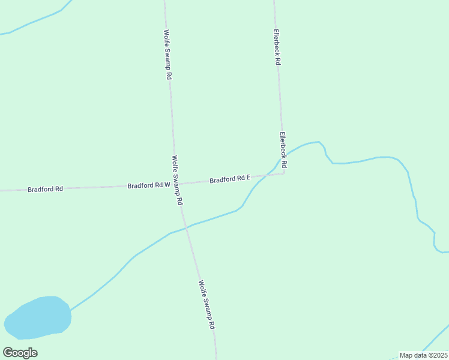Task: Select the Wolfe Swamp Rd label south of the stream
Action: (206, 305)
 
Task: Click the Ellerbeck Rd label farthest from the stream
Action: (277, 47)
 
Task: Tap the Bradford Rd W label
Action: (149, 185)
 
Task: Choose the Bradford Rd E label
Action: (229, 179)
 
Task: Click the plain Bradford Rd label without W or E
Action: (45, 189)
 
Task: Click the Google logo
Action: (20, 352)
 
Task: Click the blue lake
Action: (38, 316)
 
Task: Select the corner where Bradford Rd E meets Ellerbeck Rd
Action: (283, 174)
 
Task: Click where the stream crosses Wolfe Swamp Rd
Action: (187, 227)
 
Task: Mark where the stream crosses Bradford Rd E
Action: (264, 176)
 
